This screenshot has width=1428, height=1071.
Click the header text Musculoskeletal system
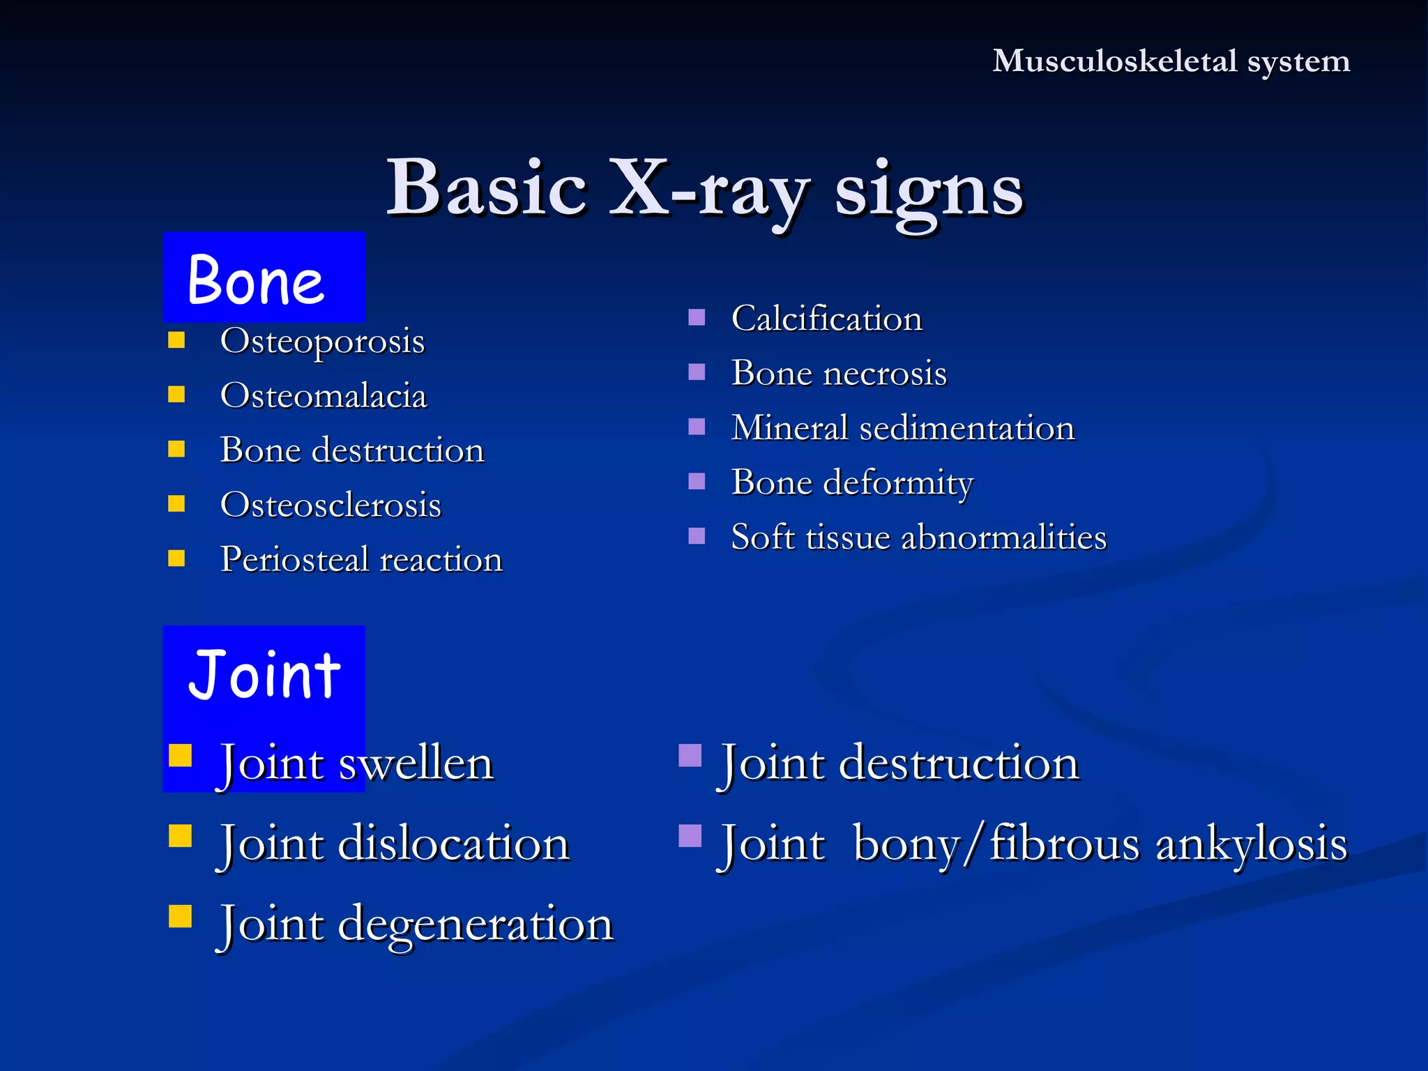point(1171,61)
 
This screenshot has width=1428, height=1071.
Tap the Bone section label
point(256,280)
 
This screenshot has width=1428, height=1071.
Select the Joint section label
point(264,674)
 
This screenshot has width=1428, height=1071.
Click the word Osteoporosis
point(322,341)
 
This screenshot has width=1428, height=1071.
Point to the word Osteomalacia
point(323,395)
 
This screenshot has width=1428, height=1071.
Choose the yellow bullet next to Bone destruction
point(177,449)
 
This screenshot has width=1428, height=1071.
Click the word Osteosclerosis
point(331,505)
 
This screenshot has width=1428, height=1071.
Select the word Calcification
point(826,319)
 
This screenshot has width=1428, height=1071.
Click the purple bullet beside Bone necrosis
point(697,372)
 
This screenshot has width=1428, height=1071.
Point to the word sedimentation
point(966,427)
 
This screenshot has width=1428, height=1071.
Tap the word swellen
point(416,763)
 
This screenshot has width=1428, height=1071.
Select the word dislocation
point(454,844)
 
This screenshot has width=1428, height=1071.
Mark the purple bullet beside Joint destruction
point(690,756)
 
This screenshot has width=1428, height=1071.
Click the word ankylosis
point(1252,844)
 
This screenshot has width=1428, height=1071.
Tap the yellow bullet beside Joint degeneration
point(180,916)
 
